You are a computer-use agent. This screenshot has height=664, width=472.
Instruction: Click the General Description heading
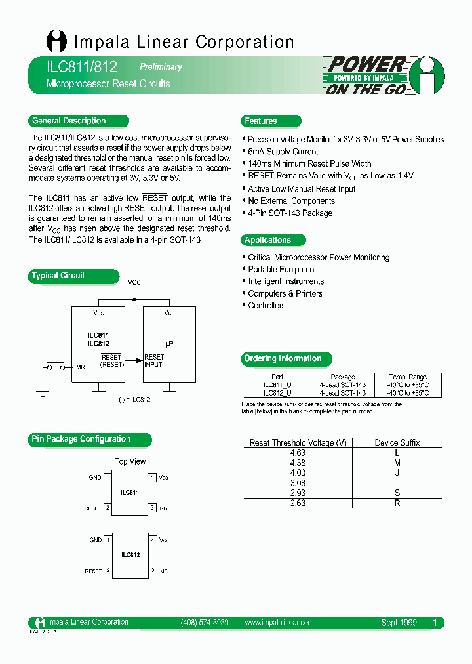[x=69, y=121]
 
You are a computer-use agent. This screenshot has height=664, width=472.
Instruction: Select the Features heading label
[x=261, y=121]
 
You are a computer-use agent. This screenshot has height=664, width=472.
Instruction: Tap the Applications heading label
[x=267, y=240]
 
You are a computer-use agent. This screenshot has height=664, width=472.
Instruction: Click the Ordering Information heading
[x=283, y=358]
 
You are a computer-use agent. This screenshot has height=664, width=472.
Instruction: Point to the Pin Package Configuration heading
[x=81, y=439]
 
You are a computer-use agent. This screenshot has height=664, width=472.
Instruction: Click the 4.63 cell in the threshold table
[x=298, y=453]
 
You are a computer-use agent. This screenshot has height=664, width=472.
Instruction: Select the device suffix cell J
[x=397, y=472]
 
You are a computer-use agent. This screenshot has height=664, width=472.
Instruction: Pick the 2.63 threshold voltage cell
[x=298, y=503]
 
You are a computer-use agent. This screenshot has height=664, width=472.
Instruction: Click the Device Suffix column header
[x=397, y=443]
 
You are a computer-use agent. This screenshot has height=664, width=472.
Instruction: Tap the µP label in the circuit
[x=168, y=343]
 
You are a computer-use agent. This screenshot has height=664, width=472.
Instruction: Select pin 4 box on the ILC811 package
[x=152, y=477]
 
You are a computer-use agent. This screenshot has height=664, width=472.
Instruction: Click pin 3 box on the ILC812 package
[x=152, y=571]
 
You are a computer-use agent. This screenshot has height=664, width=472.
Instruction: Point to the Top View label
[x=130, y=461]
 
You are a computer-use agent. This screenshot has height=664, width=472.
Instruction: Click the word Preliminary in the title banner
[x=161, y=67]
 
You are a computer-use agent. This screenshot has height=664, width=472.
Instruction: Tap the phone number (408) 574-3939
[x=204, y=622]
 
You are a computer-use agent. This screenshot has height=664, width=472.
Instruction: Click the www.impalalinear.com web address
[x=279, y=622]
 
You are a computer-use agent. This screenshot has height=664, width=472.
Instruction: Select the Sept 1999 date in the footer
[x=399, y=623]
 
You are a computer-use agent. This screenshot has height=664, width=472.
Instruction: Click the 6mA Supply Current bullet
[x=283, y=152]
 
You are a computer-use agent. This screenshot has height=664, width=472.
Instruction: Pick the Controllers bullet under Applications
[x=266, y=306]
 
